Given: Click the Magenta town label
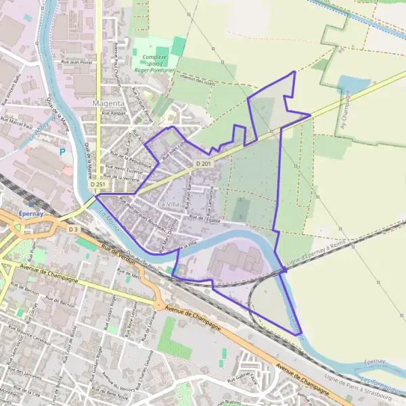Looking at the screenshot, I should click(x=108, y=103).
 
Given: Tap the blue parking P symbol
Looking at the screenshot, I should click(x=63, y=152).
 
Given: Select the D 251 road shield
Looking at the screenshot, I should click(x=97, y=184).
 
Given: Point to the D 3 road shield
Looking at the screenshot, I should click(x=74, y=229).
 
